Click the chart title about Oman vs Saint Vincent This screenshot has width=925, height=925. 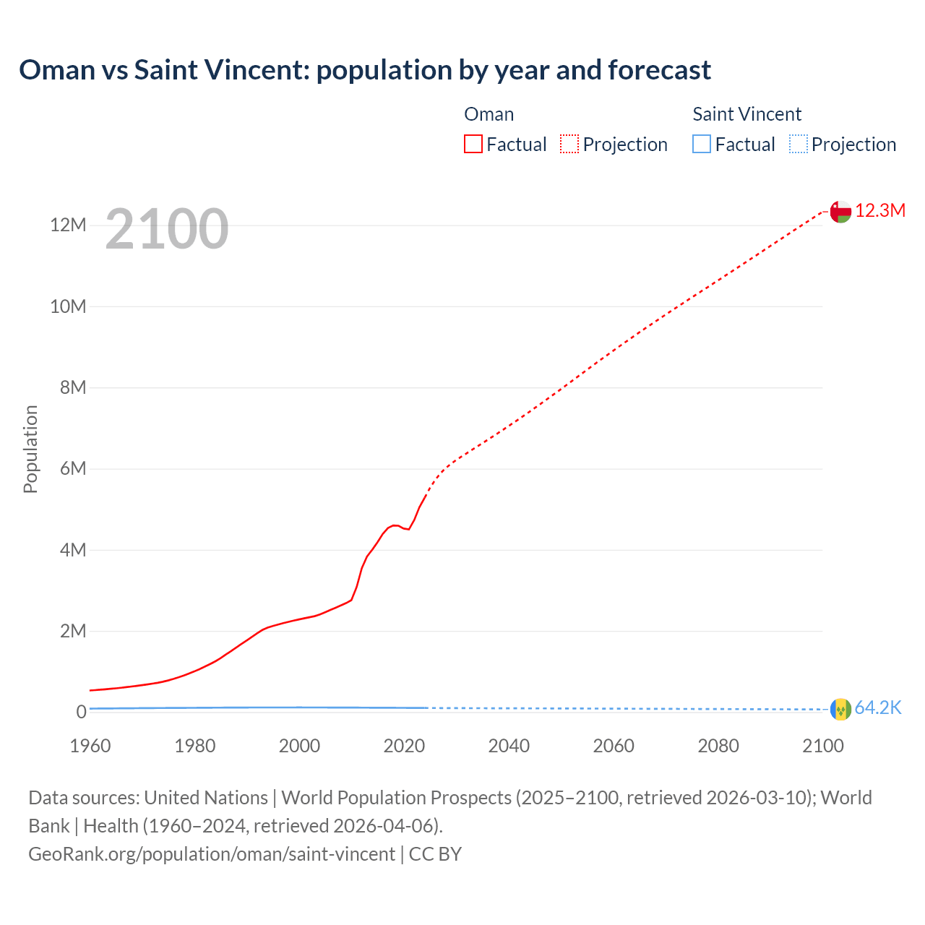365,70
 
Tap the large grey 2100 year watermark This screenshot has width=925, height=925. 167,229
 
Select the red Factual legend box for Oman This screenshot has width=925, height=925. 473,144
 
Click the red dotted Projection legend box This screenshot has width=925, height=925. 569,144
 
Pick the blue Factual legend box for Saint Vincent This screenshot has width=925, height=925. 702,144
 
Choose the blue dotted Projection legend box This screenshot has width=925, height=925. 798,144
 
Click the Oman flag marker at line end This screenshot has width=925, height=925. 840,211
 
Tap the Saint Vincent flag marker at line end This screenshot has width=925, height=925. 840,709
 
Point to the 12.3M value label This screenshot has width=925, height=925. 880,210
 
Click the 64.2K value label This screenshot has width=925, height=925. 878,708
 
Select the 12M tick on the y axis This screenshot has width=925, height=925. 68,225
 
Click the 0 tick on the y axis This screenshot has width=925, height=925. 81,713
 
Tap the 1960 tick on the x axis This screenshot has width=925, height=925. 90,746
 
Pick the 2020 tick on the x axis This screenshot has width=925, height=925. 404,746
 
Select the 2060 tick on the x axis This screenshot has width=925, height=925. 614,746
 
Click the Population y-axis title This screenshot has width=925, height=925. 30,449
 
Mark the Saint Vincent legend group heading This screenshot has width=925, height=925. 747,114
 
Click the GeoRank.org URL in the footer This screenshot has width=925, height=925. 212,854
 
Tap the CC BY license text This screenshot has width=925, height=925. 435,854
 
